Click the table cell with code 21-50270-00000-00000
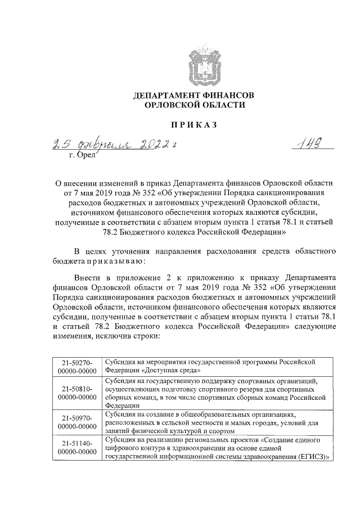pos(77,367)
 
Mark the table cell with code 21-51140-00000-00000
pos(77,448)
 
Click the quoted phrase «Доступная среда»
pos(170,371)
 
